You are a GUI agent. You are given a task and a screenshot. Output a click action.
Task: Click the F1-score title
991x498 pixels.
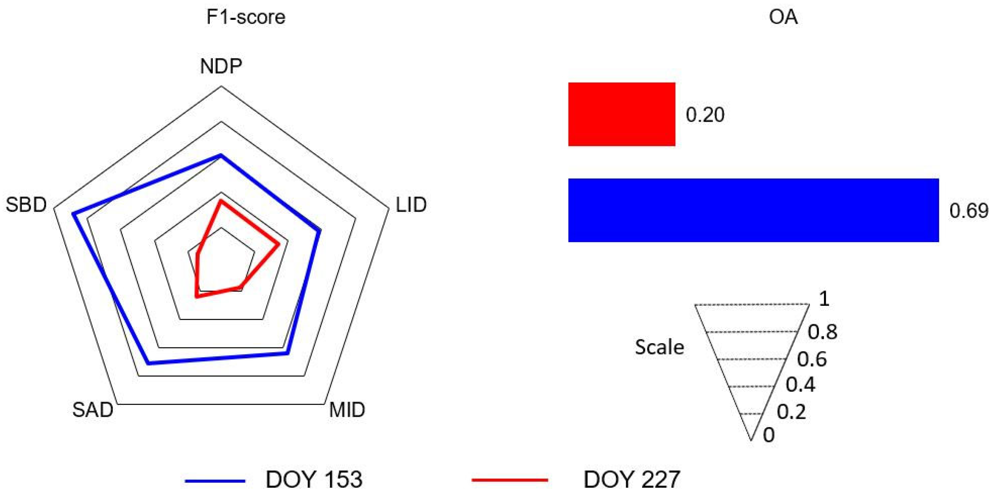pyautogui.click(x=246, y=17)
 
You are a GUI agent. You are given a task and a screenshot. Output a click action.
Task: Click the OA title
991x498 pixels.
pyautogui.click(x=783, y=17)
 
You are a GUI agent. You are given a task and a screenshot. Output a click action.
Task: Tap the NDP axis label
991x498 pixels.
pyautogui.click(x=221, y=67)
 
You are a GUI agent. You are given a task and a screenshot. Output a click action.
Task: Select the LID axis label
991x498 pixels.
pyautogui.click(x=411, y=205)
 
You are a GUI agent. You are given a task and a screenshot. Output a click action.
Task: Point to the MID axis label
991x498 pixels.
pyautogui.click(x=347, y=410)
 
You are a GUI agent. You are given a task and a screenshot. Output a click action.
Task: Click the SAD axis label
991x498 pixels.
pyautogui.click(x=93, y=410)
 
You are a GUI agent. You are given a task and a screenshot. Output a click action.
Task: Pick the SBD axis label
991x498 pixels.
pyautogui.click(x=26, y=205)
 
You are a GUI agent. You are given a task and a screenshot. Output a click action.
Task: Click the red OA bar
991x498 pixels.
pyautogui.click(x=622, y=114)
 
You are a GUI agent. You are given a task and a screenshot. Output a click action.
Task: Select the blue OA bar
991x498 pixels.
pyautogui.click(x=753, y=210)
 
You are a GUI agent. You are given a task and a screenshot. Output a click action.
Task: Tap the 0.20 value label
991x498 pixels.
pyautogui.click(x=705, y=115)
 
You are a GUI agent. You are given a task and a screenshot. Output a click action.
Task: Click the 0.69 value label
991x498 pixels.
pyautogui.click(x=968, y=210)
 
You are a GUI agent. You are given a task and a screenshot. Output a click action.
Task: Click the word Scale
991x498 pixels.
pyautogui.click(x=659, y=347)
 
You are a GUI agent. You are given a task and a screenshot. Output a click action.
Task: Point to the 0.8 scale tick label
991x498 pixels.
pyautogui.click(x=822, y=332)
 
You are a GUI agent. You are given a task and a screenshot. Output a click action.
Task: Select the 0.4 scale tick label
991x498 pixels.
pyautogui.click(x=800, y=384)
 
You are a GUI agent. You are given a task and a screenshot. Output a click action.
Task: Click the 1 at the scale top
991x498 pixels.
pyautogui.click(x=824, y=299)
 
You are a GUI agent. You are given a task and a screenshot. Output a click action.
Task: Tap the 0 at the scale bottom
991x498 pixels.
pyautogui.click(x=769, y=435)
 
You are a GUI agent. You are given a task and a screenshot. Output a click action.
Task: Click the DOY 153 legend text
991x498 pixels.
pyautogui.click(x=314, y=480)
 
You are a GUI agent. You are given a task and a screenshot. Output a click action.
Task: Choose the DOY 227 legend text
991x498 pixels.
pyautogui.click(x=632, y=480)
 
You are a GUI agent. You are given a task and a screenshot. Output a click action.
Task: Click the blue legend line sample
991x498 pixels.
pyautogui.click(x=215, y=481)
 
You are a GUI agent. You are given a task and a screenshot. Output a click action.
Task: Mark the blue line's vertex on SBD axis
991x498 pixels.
pyautogui.click(x=73, y=214)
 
